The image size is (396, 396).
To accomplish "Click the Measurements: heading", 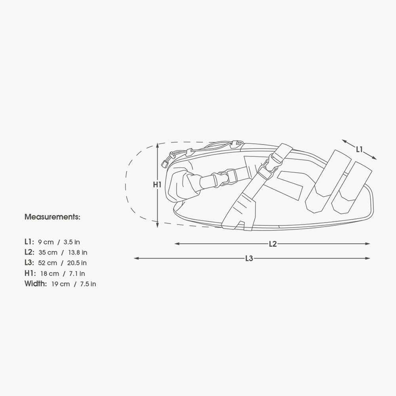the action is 52,217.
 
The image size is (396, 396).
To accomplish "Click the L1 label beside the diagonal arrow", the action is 359,150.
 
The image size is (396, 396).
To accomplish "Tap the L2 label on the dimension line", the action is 273,244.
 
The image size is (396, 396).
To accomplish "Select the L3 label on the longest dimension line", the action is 249,258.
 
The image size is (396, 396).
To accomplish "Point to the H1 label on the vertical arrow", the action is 157,185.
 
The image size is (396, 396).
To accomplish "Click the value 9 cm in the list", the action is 46,242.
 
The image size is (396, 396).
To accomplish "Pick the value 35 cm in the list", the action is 48,253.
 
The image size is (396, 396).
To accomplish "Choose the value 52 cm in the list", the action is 48,263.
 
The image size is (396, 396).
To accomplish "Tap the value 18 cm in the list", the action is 49,274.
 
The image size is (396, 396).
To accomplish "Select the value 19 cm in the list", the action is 61,284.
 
